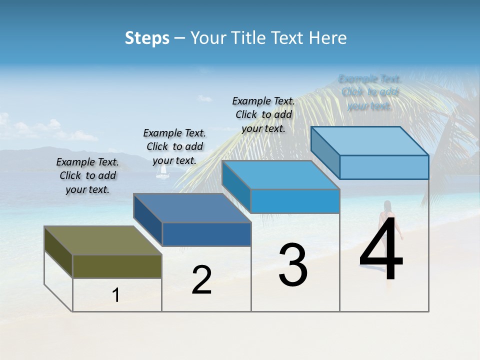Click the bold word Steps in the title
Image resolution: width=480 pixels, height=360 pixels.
tap(147, 38)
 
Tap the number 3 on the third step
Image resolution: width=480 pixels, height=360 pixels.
tap(293, 265)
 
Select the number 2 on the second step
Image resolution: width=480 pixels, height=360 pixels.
tap(201, 280)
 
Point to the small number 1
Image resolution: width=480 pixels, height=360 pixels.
tap(116, 295)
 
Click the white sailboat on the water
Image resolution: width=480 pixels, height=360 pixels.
tap(162, 171)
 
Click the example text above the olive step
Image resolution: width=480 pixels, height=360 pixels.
tap(87, 175)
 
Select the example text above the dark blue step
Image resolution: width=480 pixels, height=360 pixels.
tap(174, 146)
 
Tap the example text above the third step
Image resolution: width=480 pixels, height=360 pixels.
tap(263, 114)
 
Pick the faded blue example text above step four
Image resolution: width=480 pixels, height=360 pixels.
tap(370, 92)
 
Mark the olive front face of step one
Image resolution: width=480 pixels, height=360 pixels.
tap(117, 266)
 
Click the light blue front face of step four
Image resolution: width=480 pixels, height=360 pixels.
tap(384, 167)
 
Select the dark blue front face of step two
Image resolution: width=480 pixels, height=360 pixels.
tap(206, 234)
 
